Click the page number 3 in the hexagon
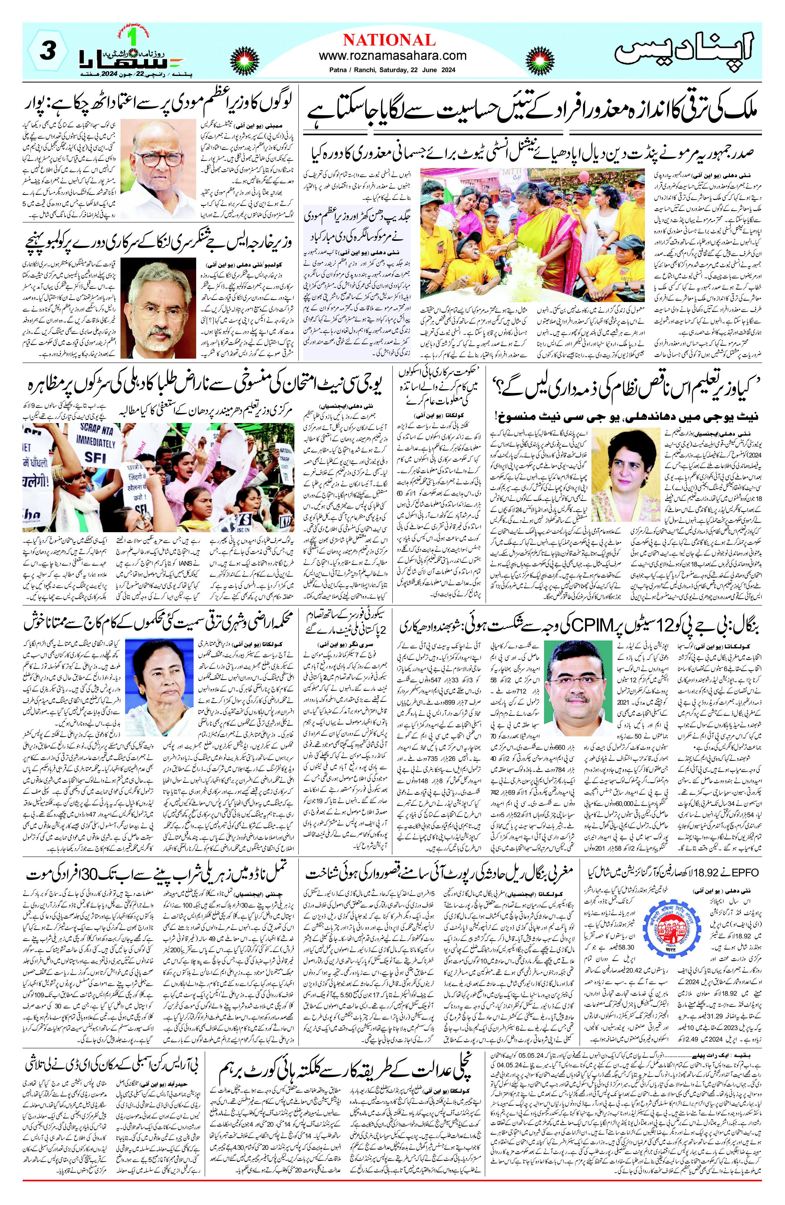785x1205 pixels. click(x=47, y=52)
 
